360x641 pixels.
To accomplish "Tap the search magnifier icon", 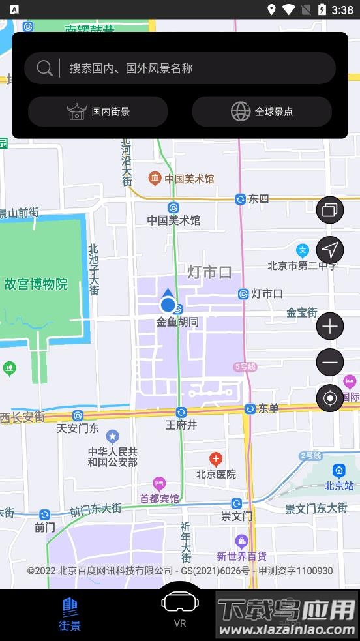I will [44, 68].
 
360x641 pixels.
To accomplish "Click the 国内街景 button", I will [98, 112].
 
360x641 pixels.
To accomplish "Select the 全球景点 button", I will [262, 112].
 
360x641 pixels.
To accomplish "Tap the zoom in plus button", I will [330, 326].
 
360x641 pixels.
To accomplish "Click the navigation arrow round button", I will [330, 249].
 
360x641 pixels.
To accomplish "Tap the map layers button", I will [330, 210].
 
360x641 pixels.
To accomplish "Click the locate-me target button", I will [330, 398].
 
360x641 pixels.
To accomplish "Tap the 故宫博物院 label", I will [36, 284].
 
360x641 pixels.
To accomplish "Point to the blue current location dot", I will [168, 305].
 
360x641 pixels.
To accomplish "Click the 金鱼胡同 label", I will [177, 321].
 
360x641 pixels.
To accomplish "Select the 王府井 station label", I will [181, 425].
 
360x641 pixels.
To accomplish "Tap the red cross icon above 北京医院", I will [215, 459].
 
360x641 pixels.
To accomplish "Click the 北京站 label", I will [339, 485].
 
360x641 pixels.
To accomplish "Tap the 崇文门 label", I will [236, 516].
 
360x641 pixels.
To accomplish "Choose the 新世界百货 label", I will [242, 556].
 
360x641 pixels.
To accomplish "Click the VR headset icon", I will [180, 602].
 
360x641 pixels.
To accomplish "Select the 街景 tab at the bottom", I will [70, 614].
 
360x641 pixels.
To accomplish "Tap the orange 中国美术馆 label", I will [189, 179].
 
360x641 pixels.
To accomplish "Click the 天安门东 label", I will [78, 428].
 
